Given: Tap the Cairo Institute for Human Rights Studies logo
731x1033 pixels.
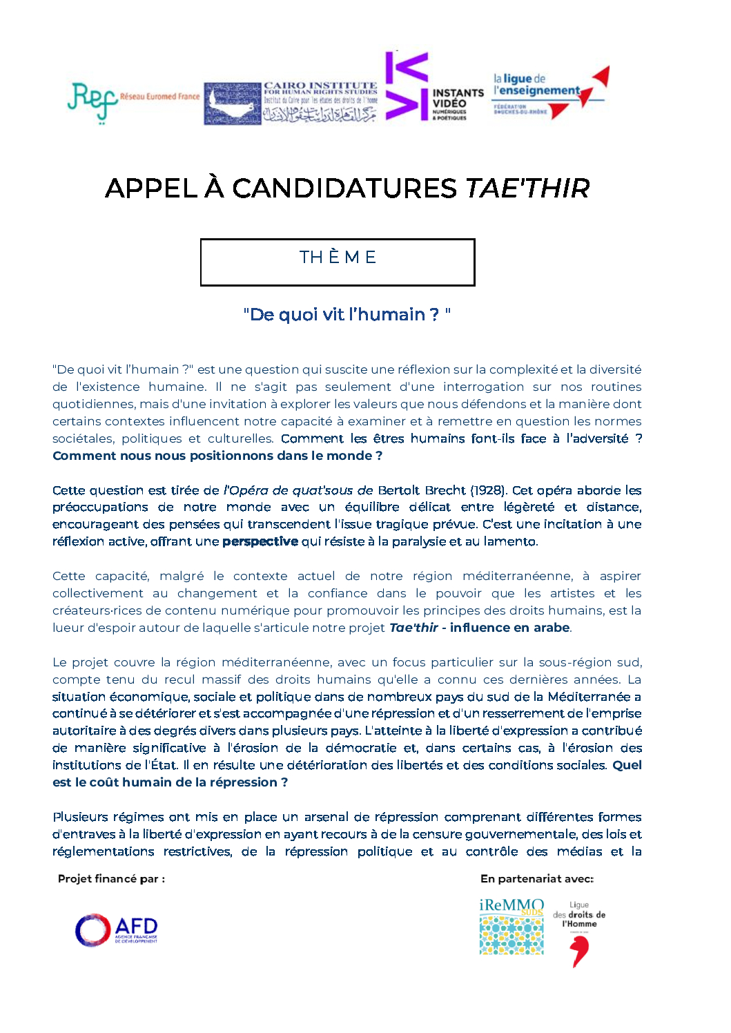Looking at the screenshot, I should tap(291, 103).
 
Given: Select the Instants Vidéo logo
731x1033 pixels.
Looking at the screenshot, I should tap(434, 87).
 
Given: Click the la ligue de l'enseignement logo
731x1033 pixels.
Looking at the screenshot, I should tap(550, 93).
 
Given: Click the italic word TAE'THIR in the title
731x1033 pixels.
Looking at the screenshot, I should tap(527, 189).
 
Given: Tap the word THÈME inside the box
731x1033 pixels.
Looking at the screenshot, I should tap(338, 258).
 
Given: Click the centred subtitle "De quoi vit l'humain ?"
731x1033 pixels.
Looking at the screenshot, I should tap(347, 315).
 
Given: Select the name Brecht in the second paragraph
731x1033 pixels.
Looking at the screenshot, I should tap(445, 490).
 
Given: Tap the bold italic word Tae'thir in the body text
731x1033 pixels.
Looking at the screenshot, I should tap(413, 628).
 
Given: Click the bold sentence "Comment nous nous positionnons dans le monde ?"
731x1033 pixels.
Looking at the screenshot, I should tap(217, 456).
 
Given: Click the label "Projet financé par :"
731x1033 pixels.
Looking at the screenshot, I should tap(111, 879).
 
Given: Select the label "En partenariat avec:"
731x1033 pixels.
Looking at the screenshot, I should tap(537, 879).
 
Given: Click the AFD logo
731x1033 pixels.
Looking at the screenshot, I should tap(117, 930).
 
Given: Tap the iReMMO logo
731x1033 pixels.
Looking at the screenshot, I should tap(511, 927).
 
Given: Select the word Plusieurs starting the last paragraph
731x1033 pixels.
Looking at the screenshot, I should tap(80, 818).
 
